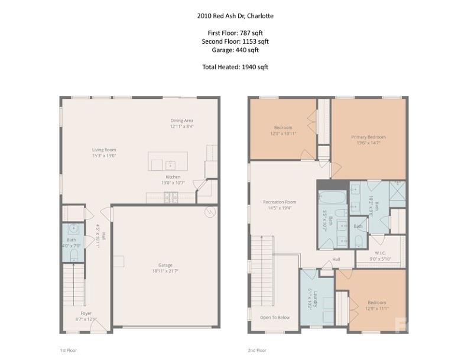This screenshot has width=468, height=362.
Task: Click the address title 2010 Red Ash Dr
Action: tap(234, 16)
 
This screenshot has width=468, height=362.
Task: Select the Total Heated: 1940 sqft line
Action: tap(234, 67)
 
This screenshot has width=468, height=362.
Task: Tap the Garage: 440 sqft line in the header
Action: tap(234, 50)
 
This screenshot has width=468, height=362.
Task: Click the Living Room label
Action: tap(103, 150)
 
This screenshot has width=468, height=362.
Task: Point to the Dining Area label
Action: tap(181, 120)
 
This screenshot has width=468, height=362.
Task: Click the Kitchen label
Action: tap(173, 177)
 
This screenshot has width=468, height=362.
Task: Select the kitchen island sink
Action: tap(170, 163)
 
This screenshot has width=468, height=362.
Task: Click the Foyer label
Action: tap(86, 313)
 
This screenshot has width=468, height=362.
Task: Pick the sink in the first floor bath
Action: tap(73, 228)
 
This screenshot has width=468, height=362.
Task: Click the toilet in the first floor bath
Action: tap(73, 255)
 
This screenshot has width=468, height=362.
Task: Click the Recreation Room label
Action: tap(279, 202)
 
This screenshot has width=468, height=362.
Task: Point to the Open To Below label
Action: tap(275, 318)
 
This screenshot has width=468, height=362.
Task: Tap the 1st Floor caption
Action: tap(68, 350)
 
